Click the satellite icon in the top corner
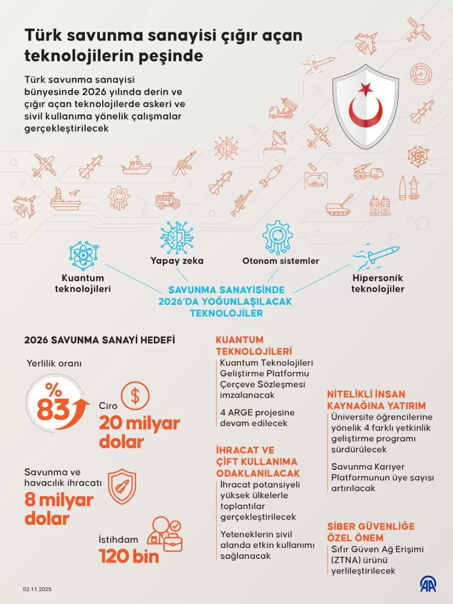point(419,29)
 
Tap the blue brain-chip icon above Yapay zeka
point(177,237)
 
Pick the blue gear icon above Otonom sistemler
point(277,237)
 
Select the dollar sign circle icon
point(135,396)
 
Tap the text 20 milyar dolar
point(139,432)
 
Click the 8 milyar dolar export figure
point(59,509)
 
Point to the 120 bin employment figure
point(129,556)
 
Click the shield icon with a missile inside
point(122,486)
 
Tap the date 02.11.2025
point(37,589)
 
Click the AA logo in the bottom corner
point(428,584)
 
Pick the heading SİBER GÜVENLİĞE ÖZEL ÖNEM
point(371,532)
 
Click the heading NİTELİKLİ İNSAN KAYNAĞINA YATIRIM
point(376,400)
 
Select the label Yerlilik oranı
point(54,363)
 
